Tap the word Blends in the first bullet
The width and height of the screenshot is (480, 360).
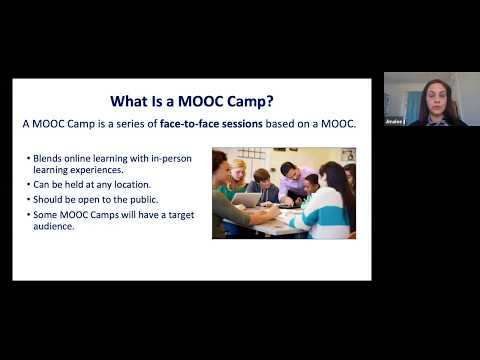coord(48,159)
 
